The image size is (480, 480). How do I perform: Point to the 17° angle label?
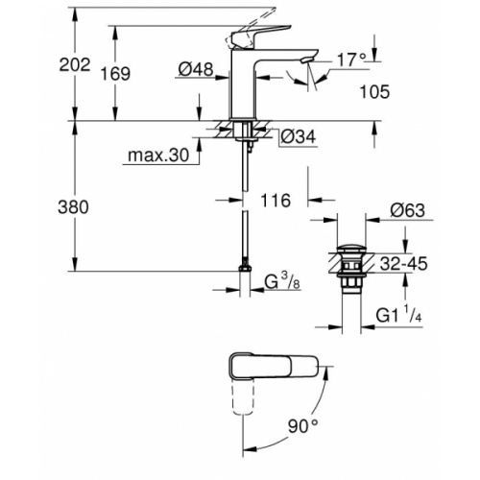pos(351,60)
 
